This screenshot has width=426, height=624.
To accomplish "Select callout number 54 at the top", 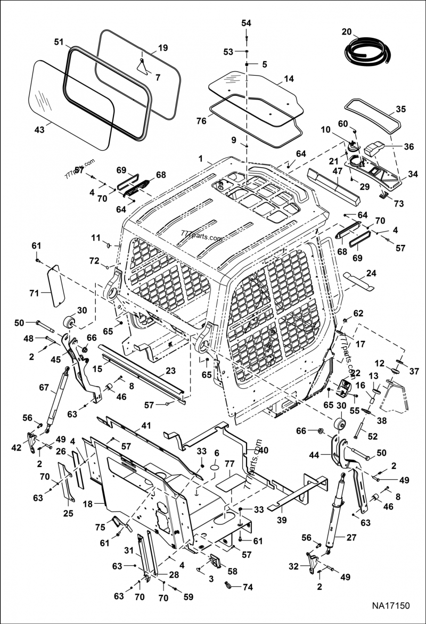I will (x=246, y=23).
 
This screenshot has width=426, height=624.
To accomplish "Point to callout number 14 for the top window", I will (x=289, y=79).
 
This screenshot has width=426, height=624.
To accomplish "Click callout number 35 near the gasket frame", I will (x=400, y=109).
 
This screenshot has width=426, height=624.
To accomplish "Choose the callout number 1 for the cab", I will (x=201, y=159).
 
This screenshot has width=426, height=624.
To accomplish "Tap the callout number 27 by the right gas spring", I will (x=351, y=537).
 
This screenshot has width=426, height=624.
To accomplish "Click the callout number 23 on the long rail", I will (x=170, y=371).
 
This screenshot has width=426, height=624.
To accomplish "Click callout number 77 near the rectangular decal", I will (x=230, y=464).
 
